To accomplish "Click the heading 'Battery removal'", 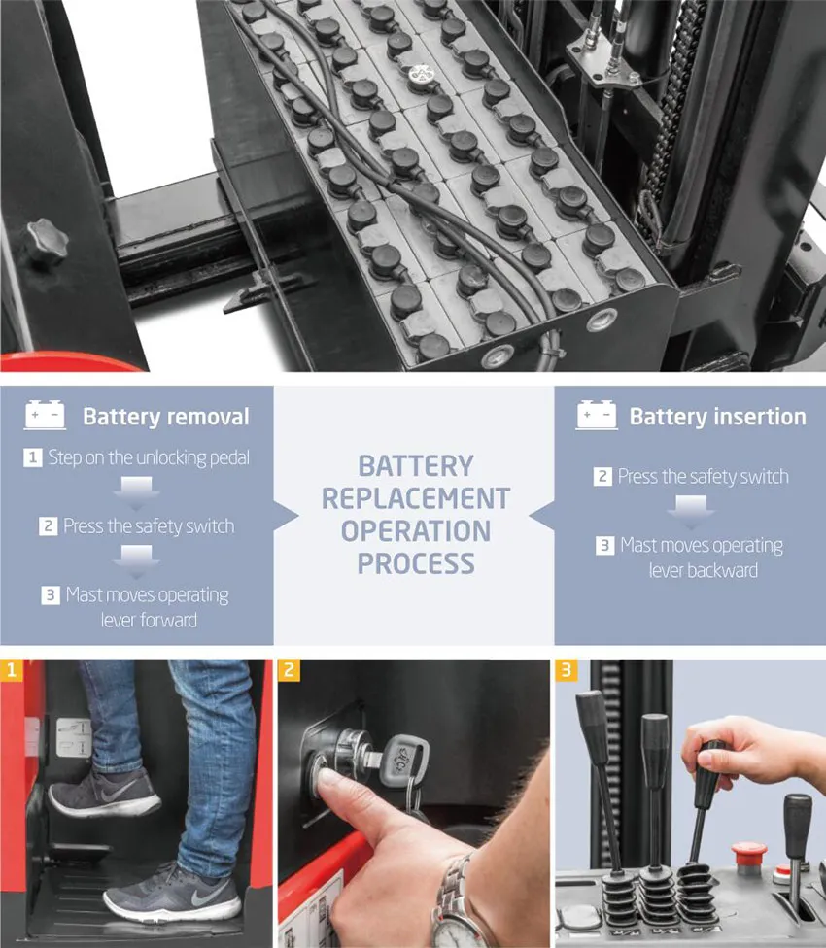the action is point(165,417).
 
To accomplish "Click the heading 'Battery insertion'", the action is point(718,417).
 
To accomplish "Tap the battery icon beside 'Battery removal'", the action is point(45,415).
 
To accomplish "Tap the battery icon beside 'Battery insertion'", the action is point(597,415).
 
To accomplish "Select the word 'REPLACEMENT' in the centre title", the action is point(416,499).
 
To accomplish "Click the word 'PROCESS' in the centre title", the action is point(416,563).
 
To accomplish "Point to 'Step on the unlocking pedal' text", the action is point(149,457).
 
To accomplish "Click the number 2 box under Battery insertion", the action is point(602,476).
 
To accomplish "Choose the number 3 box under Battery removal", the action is point(51,594).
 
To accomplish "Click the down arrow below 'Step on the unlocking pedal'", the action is point(137,492).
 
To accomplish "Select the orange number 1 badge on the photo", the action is point(11,670).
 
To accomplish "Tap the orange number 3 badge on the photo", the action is point(566,670).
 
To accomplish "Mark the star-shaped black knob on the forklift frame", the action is point(47,241).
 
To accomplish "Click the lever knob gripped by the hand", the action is point(708,774).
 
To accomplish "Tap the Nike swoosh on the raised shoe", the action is point(118,792).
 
